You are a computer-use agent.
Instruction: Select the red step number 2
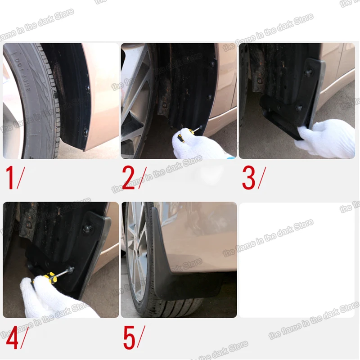coord(128,178)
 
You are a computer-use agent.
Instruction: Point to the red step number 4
coord(12,338)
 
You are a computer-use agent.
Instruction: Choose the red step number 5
coord(129,338)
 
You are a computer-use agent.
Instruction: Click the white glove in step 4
coord(49,299)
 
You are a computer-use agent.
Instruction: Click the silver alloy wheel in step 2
coord(135,99)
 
